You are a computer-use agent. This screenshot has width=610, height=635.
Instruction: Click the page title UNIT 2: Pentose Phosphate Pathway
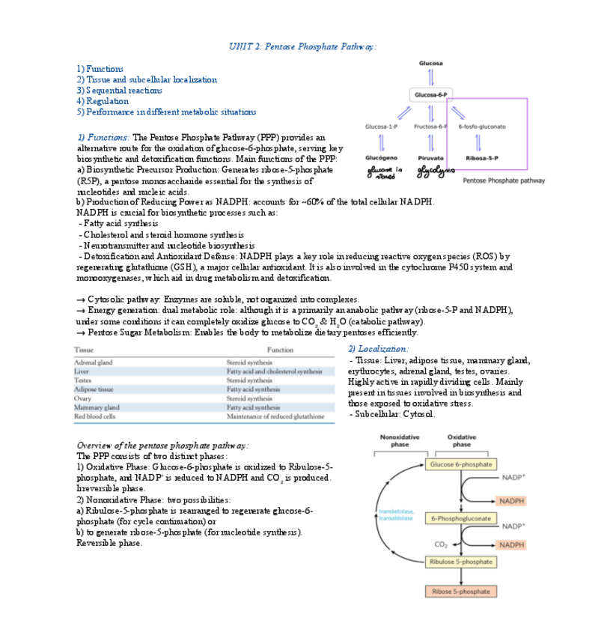click(x=302, y=46)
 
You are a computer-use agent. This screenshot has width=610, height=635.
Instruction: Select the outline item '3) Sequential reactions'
click(x=119, y=91)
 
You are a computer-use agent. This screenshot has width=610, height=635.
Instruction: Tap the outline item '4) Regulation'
click(x=103, y=101)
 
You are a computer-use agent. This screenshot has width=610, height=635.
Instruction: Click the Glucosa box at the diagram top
click(x=430, y=63)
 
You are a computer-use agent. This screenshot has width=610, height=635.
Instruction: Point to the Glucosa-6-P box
click(x=430, y=95)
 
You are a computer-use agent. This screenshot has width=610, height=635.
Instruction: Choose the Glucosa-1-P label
click(x=381, y=127)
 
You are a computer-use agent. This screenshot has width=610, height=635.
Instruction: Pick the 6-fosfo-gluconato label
click(x=482, y=127)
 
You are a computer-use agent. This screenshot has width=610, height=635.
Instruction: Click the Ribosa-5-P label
click(x=482, y=158)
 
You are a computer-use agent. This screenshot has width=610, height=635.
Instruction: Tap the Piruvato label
click(x=431, y=158)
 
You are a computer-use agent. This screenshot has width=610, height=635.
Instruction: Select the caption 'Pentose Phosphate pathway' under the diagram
click(x=504, y=180)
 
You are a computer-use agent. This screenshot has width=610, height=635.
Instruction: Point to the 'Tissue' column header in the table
click(x=84, y=350)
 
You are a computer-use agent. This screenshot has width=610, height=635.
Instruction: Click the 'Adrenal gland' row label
click(x=94, y=362)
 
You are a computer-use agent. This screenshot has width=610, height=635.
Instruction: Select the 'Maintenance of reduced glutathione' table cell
click(x=275, y=416)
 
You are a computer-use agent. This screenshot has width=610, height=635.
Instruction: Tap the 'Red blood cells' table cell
click(x=95, y=416)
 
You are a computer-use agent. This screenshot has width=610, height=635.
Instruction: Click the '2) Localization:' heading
click(x=379, y=349)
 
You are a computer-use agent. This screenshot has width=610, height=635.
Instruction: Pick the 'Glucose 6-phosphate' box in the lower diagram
click(x=461, y=464)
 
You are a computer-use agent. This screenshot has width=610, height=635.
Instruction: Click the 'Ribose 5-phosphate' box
click(x=461, y=592)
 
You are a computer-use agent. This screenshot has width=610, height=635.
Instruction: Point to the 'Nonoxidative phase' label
click(x=400, y=440)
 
